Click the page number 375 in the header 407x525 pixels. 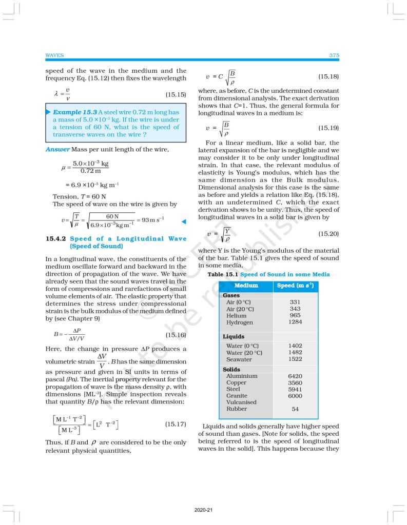point(334,55)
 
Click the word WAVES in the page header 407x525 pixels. point(54,55)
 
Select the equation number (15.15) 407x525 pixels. point(175,94)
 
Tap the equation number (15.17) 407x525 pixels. point(175,425)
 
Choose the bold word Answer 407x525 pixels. point(57,149)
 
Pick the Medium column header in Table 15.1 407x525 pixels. point(246,286)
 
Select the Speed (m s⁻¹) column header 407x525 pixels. point(295,286)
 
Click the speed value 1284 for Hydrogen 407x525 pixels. point(295,322)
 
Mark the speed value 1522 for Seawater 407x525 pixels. point(295,359)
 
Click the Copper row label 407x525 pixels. point(236,382)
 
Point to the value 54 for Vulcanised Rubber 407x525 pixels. point(295,409)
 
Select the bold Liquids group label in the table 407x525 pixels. point(234,337)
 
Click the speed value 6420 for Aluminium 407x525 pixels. point(295,376)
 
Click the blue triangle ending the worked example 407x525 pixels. point(183,221)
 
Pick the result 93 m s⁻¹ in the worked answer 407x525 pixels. point(152,220)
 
